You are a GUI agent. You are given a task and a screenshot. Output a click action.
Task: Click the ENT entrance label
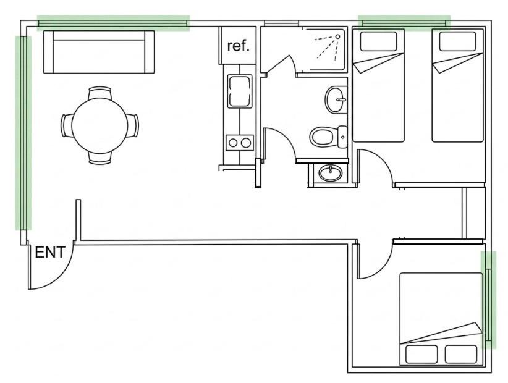[x=50, y=253]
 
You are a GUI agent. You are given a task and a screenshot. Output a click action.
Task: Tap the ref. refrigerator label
[x=239, y=46]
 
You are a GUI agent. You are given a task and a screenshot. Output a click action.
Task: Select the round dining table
[x=99, y=125]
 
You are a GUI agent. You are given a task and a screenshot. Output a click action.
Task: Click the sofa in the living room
[x=99, y=52]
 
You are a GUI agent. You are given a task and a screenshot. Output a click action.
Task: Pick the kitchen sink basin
[x=240, y=91]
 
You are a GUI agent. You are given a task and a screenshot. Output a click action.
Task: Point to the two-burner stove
[x=240, y=143]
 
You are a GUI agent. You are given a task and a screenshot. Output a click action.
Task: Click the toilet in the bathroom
[x=328, y=137]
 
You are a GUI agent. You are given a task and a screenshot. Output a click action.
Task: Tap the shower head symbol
[x=337, y=36]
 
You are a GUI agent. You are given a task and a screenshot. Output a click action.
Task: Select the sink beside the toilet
[x=336, y=99]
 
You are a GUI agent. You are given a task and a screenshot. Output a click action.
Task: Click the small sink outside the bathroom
[x=330, y=173]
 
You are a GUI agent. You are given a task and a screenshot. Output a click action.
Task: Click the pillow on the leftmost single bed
[x=378, y=41]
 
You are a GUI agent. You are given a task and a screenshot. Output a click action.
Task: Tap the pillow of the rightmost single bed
[x=457, y=41]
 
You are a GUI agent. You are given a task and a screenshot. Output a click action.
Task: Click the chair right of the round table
[x=132, y=125]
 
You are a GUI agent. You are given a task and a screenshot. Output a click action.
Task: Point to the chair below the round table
[x=100, y=158]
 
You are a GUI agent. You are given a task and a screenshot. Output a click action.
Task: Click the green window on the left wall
[x=23, y=133]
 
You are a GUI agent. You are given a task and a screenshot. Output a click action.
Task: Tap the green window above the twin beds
[x=404, y=23]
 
